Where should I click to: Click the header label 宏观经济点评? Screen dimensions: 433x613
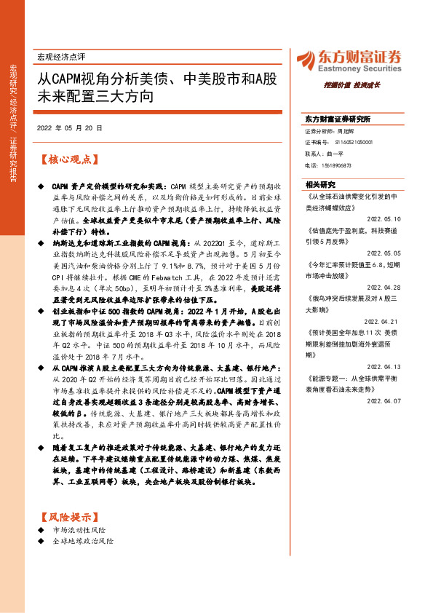pos(62,56)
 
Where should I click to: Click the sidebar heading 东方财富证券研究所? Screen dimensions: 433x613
pos(337,119)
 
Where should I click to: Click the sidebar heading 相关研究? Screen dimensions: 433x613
pos(320,184)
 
